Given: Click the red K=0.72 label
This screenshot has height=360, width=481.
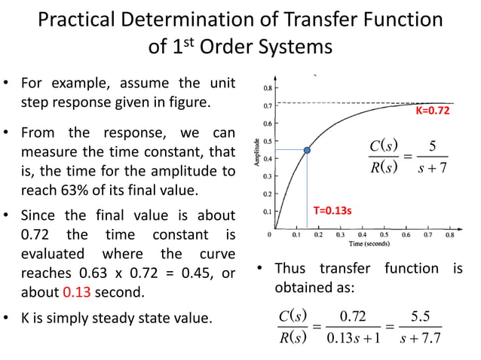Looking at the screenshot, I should pyautogui.click(x=433, y=111).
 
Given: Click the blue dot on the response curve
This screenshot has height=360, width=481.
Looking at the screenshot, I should pyautogui.click(x=307, y=151).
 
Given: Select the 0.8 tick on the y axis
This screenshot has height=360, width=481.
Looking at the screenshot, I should pyautogui.click(x=268, y=88).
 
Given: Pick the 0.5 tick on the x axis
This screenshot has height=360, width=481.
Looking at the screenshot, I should pyautogui.click(x=384, y=235).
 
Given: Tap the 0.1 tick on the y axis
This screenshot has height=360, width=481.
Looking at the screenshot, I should pyautogui.click(x=268, y=212).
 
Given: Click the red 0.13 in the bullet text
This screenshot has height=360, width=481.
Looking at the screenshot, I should pyautogui.click(x=77, y=292).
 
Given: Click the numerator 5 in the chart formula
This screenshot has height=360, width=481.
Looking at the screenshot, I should pyautogui.click(x=432, y=146).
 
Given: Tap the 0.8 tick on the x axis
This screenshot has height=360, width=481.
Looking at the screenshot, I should pyautogui.click(x=450, y=235).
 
